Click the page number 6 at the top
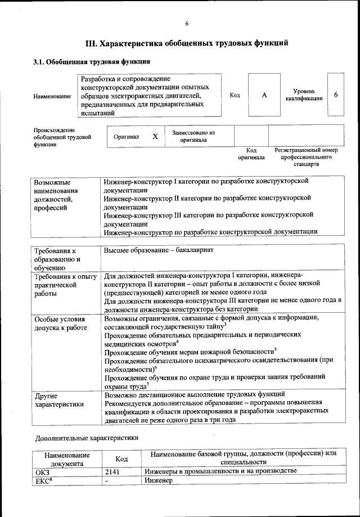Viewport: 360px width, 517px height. [187, 23]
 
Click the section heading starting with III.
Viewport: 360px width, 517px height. [187, 42]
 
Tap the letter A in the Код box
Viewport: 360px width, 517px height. [264, 95]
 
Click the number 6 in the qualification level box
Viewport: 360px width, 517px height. [336, 95]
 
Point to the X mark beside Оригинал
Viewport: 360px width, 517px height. [155, 137]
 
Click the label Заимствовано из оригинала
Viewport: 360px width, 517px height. [193, 136]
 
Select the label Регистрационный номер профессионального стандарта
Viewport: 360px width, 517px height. [306, 158]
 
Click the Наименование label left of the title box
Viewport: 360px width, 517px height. [52, 96]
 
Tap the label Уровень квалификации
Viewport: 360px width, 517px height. [304, 95]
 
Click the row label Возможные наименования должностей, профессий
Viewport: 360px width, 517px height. [56, 195]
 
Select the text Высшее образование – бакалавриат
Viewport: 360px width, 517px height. [159, 250]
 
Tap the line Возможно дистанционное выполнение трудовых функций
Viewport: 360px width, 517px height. [195, 394]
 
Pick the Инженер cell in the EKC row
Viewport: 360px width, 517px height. [158, 480]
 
